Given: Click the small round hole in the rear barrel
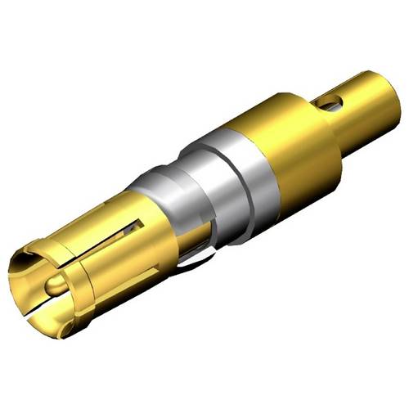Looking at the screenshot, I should click(x=328, y=103).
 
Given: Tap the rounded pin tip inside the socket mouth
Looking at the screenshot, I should click(x=53, y=286).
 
